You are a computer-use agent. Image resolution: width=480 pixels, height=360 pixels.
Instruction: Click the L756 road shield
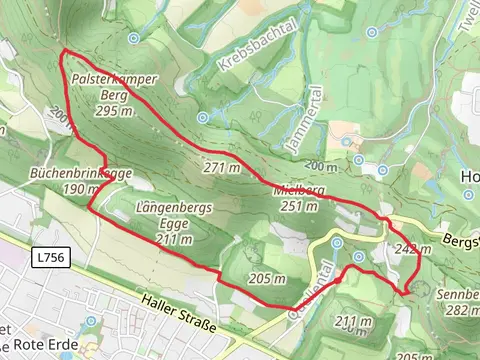(x=49, y=258)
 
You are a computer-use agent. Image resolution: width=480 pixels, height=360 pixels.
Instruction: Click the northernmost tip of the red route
(x=64, y=49)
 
